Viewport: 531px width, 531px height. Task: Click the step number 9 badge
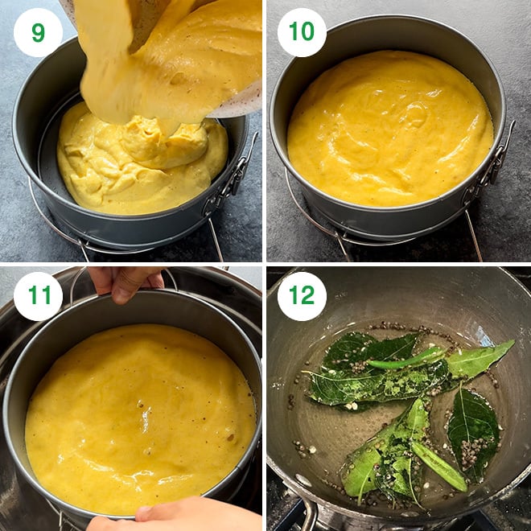point(38,32)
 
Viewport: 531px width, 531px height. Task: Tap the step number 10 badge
point(302,32)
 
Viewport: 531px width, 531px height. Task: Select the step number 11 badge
point(38,296)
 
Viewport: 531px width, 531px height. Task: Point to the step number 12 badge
point(302,296)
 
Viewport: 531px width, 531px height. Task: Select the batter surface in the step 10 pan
point(390,129)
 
